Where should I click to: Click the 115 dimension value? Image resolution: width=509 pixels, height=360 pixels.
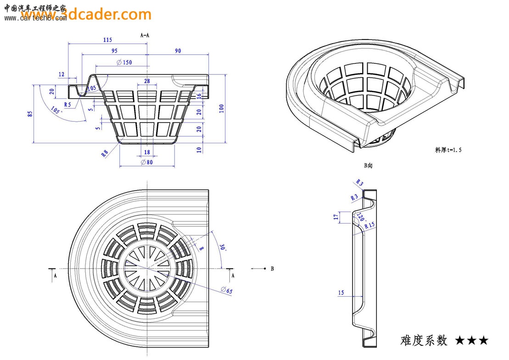pos(107,40)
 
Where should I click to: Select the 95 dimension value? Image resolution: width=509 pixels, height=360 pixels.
pos(114,51)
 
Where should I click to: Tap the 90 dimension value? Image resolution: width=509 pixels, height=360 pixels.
pos(178,51)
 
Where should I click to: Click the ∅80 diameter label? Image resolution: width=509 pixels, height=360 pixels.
pos(146,162)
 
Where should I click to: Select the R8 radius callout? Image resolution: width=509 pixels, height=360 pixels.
pos(105,153)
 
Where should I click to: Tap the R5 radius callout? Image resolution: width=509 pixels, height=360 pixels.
pos(67,105)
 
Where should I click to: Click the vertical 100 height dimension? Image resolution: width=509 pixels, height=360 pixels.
pos(221,108)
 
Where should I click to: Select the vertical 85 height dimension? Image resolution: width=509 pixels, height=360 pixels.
pos(30,113)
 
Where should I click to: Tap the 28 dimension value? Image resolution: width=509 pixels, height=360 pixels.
pos(147,81)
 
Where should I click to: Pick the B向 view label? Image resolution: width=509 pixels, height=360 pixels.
pos(368,165)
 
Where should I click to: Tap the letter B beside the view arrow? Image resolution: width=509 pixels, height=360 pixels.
pos(272,269)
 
